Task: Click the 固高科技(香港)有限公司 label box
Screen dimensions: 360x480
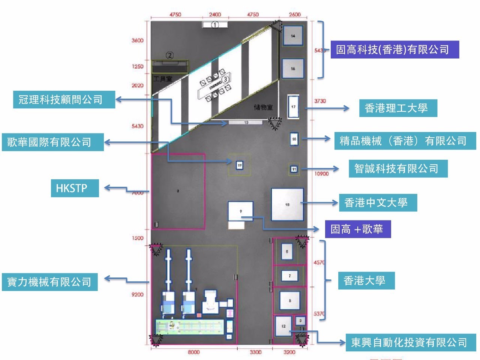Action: tap(394, 49)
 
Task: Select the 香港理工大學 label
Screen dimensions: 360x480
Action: tap(398, 108)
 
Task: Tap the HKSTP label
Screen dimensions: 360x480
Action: tap(75, 188)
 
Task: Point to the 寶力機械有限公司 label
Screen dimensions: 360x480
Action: tap(49, 282)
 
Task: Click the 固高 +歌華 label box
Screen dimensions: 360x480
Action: tap(358, 229)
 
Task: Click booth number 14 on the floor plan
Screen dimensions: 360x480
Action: tap(293, 36)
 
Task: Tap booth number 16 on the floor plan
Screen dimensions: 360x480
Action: tap(293, 69)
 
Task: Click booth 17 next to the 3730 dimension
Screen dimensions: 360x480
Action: tap(293, 107)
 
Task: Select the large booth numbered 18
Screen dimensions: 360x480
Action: tap(287, 205)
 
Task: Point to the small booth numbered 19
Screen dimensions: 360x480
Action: tap(240, 165)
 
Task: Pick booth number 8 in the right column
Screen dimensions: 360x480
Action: tap(290, 301)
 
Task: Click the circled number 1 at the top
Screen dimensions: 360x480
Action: tap(215, 25)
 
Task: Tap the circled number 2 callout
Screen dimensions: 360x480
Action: tap(170, 55)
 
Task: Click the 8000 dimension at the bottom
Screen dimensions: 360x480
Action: tap(193, 352)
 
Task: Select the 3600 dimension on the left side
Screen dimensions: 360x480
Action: tap(137, 40)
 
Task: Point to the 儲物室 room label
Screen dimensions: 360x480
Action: tap(263, 108)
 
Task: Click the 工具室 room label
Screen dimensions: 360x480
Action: tap(163, 79)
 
